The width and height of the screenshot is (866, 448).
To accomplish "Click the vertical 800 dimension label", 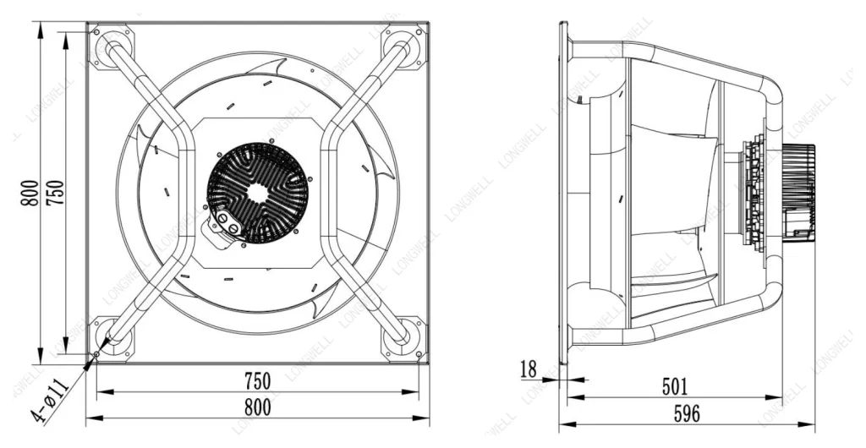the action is (30, 194).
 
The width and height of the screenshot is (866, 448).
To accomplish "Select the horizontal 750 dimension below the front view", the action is (258, 380).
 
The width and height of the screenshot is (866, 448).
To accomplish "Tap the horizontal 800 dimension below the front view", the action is (258, 407).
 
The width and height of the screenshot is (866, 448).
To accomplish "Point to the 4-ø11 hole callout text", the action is (50, 400).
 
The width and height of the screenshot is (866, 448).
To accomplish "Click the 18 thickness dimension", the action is (529, 369).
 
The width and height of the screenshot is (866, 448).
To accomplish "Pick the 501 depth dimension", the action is (675, 387).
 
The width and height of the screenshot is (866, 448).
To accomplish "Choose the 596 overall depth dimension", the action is (687, 413).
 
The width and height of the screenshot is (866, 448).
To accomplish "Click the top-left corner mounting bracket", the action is (111, 46).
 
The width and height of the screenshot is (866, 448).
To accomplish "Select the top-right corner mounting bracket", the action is (404, 46).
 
